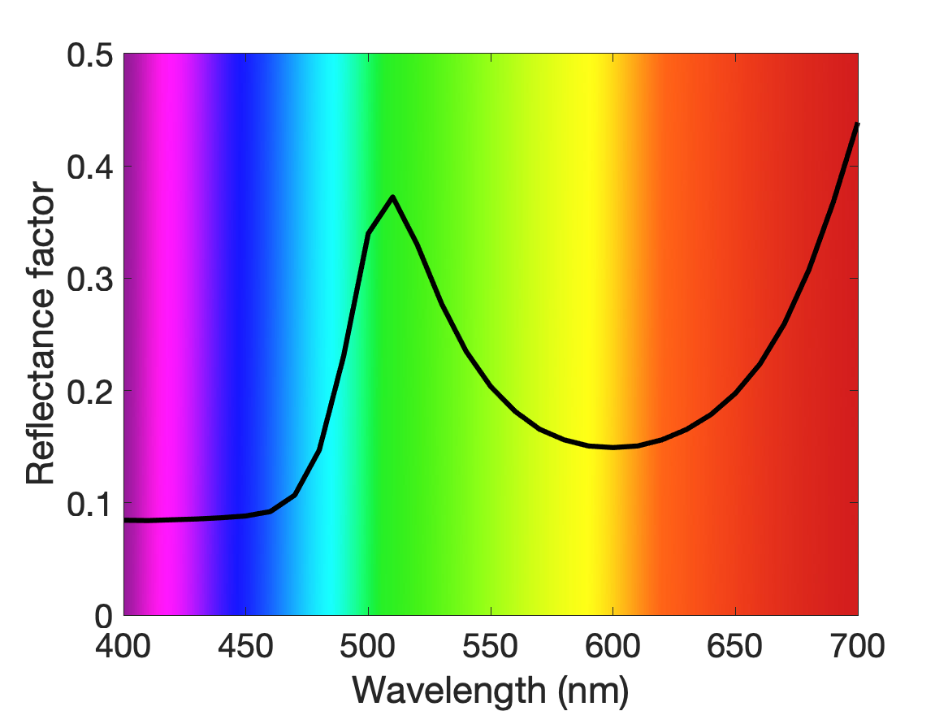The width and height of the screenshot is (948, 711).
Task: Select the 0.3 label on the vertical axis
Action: [90, 280]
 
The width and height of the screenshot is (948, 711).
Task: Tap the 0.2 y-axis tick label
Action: [90, 392]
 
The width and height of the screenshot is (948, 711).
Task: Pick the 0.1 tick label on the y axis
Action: [90, 505]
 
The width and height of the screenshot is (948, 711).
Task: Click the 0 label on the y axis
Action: [104, 617]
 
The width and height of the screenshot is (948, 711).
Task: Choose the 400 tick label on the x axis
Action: [123, 646]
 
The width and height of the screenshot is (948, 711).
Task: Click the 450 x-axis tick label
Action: [245, 646]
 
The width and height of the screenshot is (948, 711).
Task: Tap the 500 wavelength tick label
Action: [368, 646]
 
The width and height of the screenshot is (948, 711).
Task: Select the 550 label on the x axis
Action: [491, 646]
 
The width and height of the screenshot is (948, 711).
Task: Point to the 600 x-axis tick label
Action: [613, 646]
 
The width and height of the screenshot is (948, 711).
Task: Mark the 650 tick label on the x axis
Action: [735, 646]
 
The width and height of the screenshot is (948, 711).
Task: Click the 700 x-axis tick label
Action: [857, 646]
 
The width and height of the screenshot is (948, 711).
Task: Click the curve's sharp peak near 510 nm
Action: [393, 197]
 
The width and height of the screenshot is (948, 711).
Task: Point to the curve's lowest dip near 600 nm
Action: [613, 448]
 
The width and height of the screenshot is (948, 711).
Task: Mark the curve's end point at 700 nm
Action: [857, 124]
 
